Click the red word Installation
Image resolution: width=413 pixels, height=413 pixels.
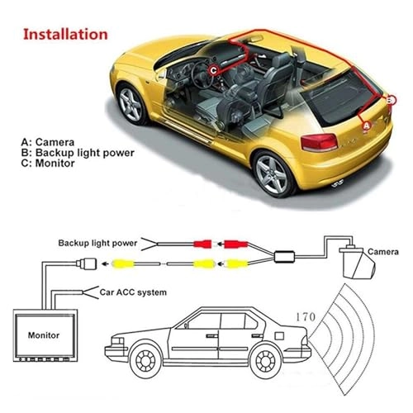tap(64, 35)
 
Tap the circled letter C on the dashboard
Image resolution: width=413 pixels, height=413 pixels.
tap(213, 69)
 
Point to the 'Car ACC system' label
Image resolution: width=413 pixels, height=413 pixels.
tap(132, 292)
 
